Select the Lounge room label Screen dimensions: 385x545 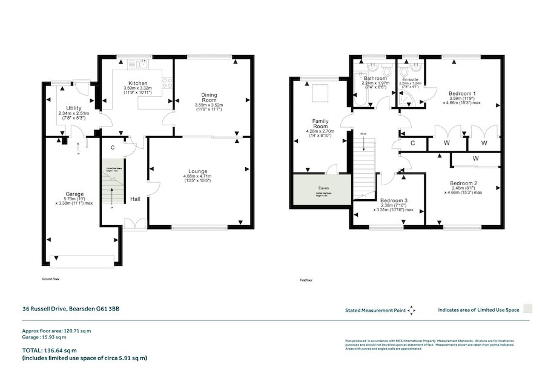click(199, 171)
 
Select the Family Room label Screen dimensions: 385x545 click(320, 123)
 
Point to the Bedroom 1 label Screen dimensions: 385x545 click(461, 93)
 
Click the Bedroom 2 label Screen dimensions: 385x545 click(463, 183)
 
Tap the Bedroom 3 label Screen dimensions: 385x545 click(393, 200)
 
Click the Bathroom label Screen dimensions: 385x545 click(374, 79)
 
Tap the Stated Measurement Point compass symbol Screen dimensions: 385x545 click(412, 310)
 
